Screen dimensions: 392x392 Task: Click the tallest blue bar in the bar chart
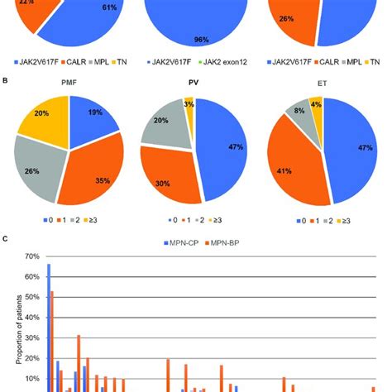click(49, 331)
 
